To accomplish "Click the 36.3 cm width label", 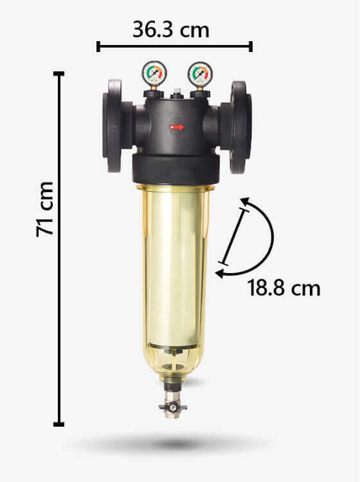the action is click(x=171, y=30).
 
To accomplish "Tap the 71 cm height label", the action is click(x=45, y=210).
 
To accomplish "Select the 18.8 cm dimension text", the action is click(x=283, y=288).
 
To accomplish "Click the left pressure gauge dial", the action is click(x=154, y=73).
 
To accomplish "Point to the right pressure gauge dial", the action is click(x=200, y=74).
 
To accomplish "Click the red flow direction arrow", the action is click(x=177, y=127).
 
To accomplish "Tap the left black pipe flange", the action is click(x=113, y=126).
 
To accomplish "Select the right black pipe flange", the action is click(x=240, y=127).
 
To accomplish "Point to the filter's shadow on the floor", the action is click(x=172, y=443).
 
